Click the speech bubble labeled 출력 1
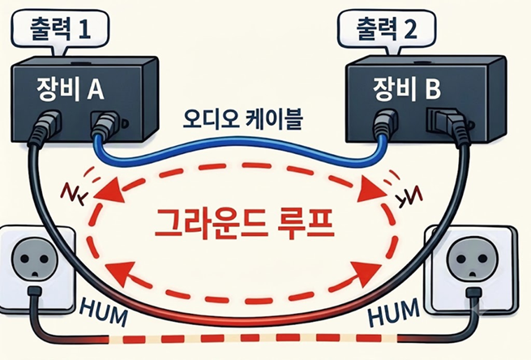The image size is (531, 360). point(60,31)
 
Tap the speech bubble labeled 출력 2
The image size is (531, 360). point(387,31)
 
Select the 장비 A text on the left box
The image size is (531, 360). point(71,89)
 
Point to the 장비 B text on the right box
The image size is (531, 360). point(407,88)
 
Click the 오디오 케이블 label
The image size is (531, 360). point(242,119)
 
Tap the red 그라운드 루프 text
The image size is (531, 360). point(244,223)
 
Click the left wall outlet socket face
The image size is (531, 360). point(34,261)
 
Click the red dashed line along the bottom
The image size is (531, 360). point(252,338)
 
